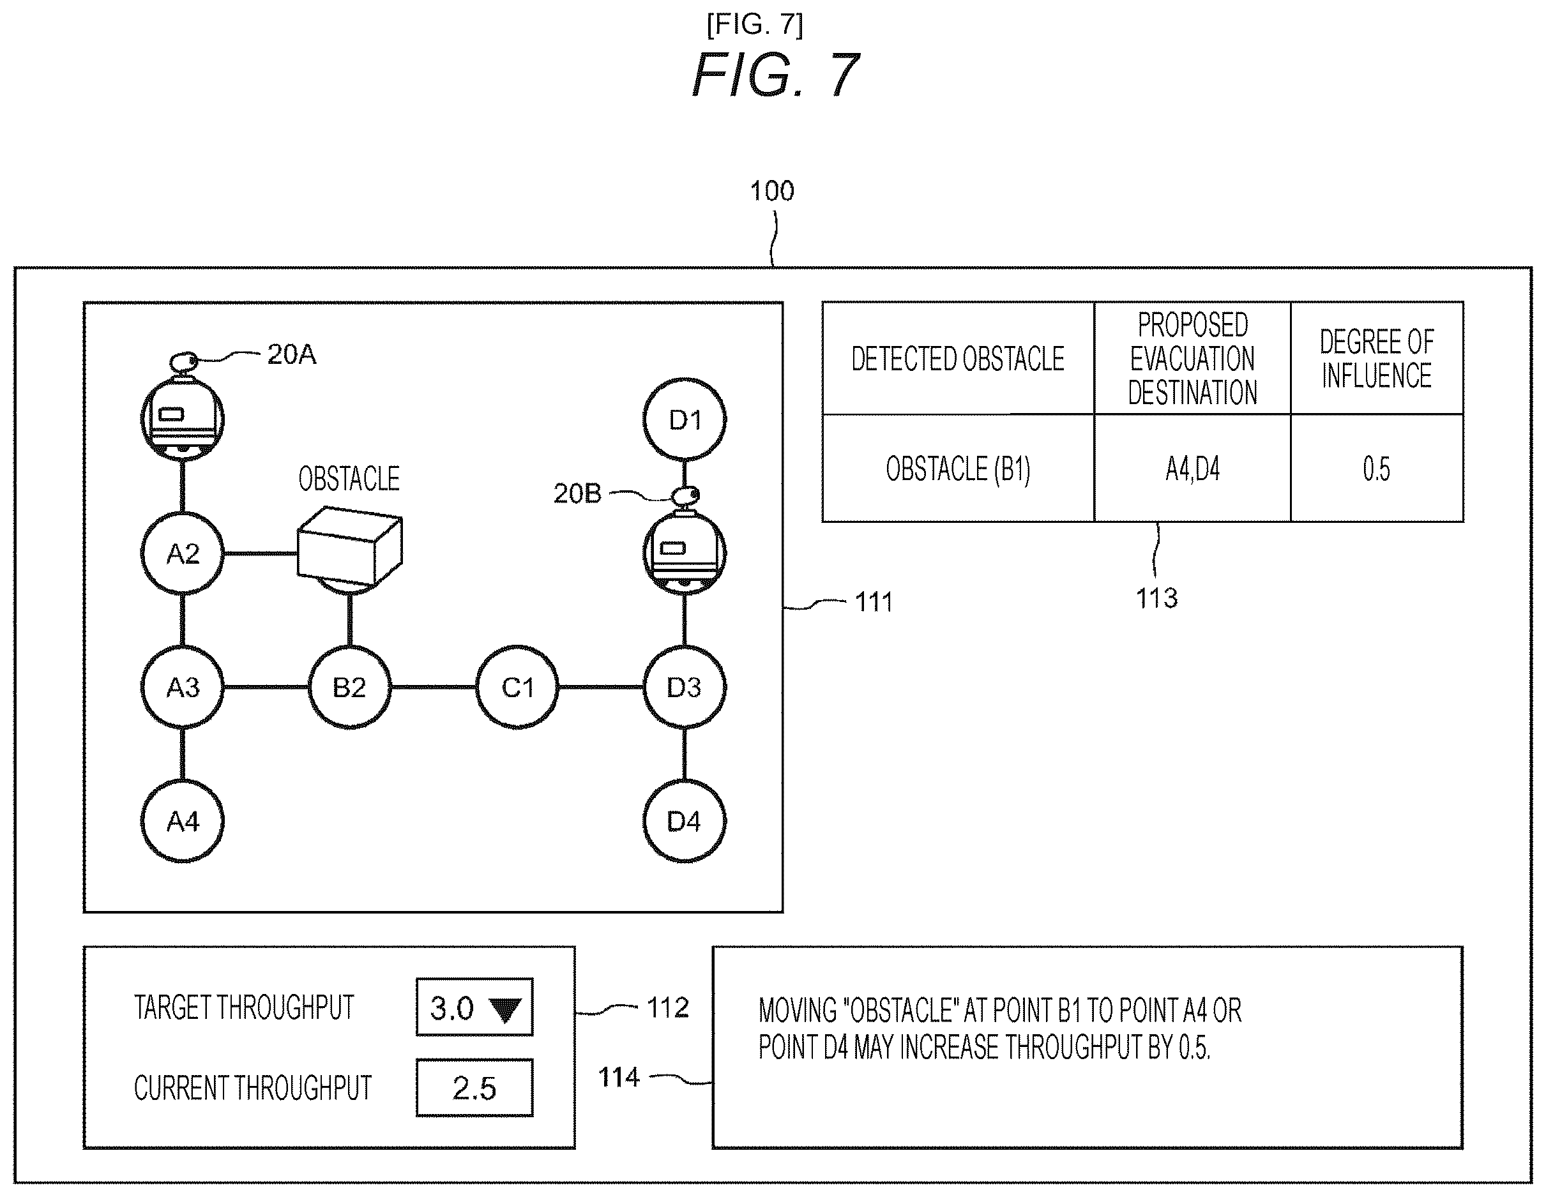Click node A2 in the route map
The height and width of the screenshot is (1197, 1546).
tap(183, 553)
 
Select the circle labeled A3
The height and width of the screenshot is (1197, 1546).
tap(183, 687)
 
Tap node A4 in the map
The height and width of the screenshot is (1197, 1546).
tap(183, 821)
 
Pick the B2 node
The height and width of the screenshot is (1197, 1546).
tap(350, 687)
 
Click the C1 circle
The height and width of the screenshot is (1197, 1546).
tap(517, 687)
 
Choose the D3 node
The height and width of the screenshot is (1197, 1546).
tap(685, 687)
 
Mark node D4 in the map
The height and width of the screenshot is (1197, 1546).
tap(685, 821)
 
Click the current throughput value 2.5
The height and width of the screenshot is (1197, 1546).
tap(474, 1088)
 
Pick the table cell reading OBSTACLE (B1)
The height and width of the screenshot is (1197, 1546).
tap(959, 469)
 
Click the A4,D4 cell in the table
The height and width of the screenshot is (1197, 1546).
tap(1193, 469)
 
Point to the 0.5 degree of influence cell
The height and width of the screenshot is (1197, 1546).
tap(1377, 469)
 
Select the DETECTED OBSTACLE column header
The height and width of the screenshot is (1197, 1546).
tap(959, 359)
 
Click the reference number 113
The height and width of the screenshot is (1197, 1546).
tap(1156, 598)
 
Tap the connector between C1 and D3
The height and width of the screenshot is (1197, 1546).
tap(601, 687)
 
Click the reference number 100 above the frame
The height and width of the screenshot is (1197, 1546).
tap(771, 190)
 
